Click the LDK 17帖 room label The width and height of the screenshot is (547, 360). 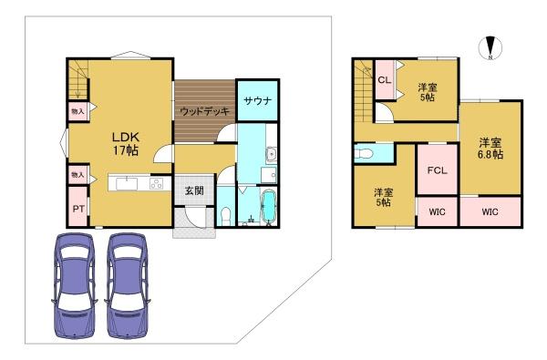point(125,143)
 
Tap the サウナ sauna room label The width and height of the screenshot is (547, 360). point(257,101)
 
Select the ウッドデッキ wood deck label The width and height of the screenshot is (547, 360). point(205,111)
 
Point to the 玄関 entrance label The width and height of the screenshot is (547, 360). point(194,190)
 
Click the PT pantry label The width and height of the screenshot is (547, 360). point(78,209)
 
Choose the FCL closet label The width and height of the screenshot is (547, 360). point(437,170)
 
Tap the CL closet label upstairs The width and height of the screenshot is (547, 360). point(385,80)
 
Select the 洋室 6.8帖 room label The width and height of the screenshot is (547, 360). point(490,149)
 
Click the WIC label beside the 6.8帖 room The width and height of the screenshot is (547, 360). point(490,211)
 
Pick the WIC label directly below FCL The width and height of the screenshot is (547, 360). point(437,211)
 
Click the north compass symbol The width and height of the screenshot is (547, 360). point(490,47)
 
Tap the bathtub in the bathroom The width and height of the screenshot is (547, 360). point(268,207)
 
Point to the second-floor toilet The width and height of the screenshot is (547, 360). point(364,153)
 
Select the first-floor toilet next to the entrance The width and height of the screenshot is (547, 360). point(226,216)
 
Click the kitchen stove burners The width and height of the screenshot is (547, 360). point(156,183)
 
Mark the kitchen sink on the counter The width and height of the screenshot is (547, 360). point(127,183)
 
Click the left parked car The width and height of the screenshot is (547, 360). point(74,285)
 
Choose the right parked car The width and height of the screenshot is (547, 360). point(127,285)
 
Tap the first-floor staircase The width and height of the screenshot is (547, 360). point(78,80)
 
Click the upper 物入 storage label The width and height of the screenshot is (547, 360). point(77,111)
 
